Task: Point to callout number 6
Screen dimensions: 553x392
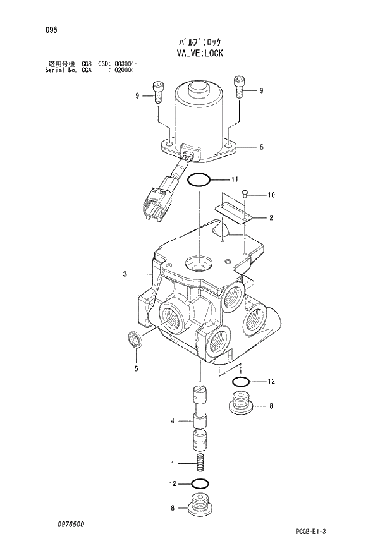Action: pos(260,148)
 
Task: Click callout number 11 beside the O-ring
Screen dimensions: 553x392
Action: pos(235,178)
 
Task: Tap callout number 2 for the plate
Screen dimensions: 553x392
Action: pos(271,218)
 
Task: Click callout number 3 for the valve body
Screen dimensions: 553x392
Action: pos(125,274)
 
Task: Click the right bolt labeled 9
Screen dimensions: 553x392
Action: pos(239,87)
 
